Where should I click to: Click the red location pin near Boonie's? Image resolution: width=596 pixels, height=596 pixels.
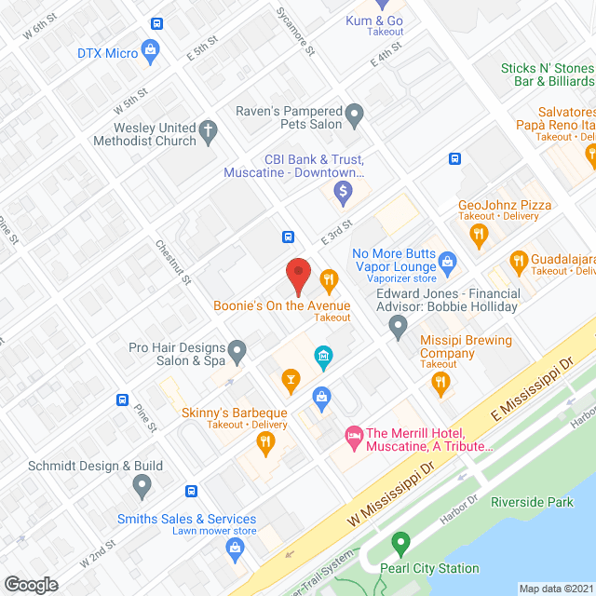pyautogui.click(x=297, y=275)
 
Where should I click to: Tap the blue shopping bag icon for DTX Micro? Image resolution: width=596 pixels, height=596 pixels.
pyautogui.click(x=150, y=50)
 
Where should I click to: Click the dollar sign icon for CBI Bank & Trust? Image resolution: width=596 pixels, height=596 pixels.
pyautogui.click(x=343, y=193)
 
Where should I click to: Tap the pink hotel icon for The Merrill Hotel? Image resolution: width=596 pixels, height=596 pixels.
pyautogui.click(x=354, y=434)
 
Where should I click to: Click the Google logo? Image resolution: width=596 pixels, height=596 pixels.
pyautogui.click(x=30, y=584)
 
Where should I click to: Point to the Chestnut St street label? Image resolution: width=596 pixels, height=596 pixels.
pyautogui.click(x=174, y=264)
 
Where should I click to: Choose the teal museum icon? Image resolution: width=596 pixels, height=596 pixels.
pyautogui.click(x=323, y=356)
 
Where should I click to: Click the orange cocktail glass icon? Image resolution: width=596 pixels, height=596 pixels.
pyautogui.click(x=291, y=378)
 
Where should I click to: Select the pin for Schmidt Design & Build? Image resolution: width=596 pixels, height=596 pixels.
pyautogui.click(x=142, y=484)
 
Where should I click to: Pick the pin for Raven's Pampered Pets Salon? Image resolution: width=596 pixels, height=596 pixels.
pyautogui.click(x=354, y=116)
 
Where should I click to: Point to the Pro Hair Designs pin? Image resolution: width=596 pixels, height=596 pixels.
pyautogui.click(x=237, y=353)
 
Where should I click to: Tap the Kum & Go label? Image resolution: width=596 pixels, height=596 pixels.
pyautogui.click(x=374, y=20)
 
